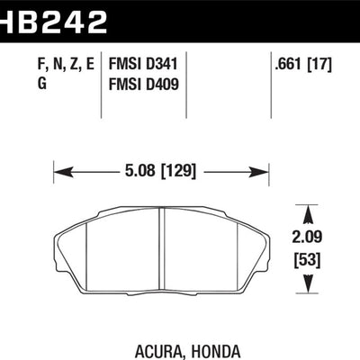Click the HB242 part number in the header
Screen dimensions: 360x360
coord(53,22)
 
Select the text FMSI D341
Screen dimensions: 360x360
coord(143,64)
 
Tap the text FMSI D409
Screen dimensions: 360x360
coord(143,84)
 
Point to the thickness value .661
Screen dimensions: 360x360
coord(289,64)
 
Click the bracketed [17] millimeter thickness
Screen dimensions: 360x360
coord(320,64)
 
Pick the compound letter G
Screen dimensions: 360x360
coord(42,84)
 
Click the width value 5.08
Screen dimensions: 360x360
coord(140,171)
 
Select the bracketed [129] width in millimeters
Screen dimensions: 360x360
coord(179,171)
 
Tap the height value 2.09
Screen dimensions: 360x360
coord(307,237)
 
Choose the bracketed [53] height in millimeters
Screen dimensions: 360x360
coord(308,260)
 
